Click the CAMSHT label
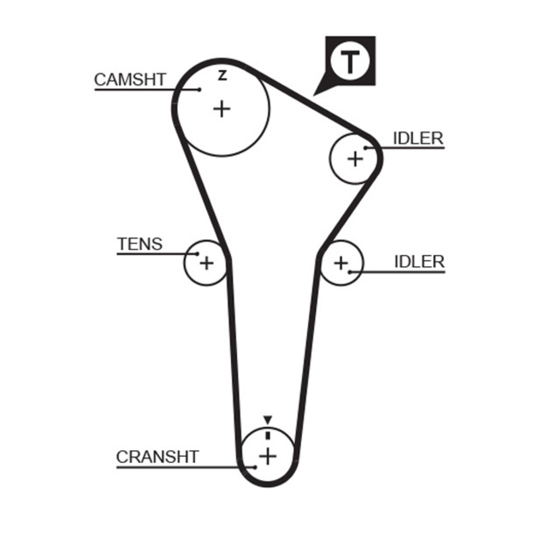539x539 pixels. (129, 79)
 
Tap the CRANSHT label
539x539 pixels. (158, 457)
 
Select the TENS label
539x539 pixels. (139, 243)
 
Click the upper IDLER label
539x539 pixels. (418, 138)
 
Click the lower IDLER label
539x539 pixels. (419, 261)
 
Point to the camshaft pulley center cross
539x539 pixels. (222, 108)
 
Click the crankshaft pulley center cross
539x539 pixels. (268, 456)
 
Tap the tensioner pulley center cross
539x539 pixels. (206, 262)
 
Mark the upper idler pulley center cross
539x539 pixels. (354, 158)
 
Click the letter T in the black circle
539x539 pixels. (349, 62)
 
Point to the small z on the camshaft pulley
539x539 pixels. (222, 76)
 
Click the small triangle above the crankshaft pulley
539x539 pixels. (267, 419)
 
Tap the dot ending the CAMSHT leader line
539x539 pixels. (200, 88)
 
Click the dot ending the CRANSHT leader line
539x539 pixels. (255, 466)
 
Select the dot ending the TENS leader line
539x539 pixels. (197, 254)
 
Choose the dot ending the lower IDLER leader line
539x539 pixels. (350, 272)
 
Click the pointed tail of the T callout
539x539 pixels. (315, 93)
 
